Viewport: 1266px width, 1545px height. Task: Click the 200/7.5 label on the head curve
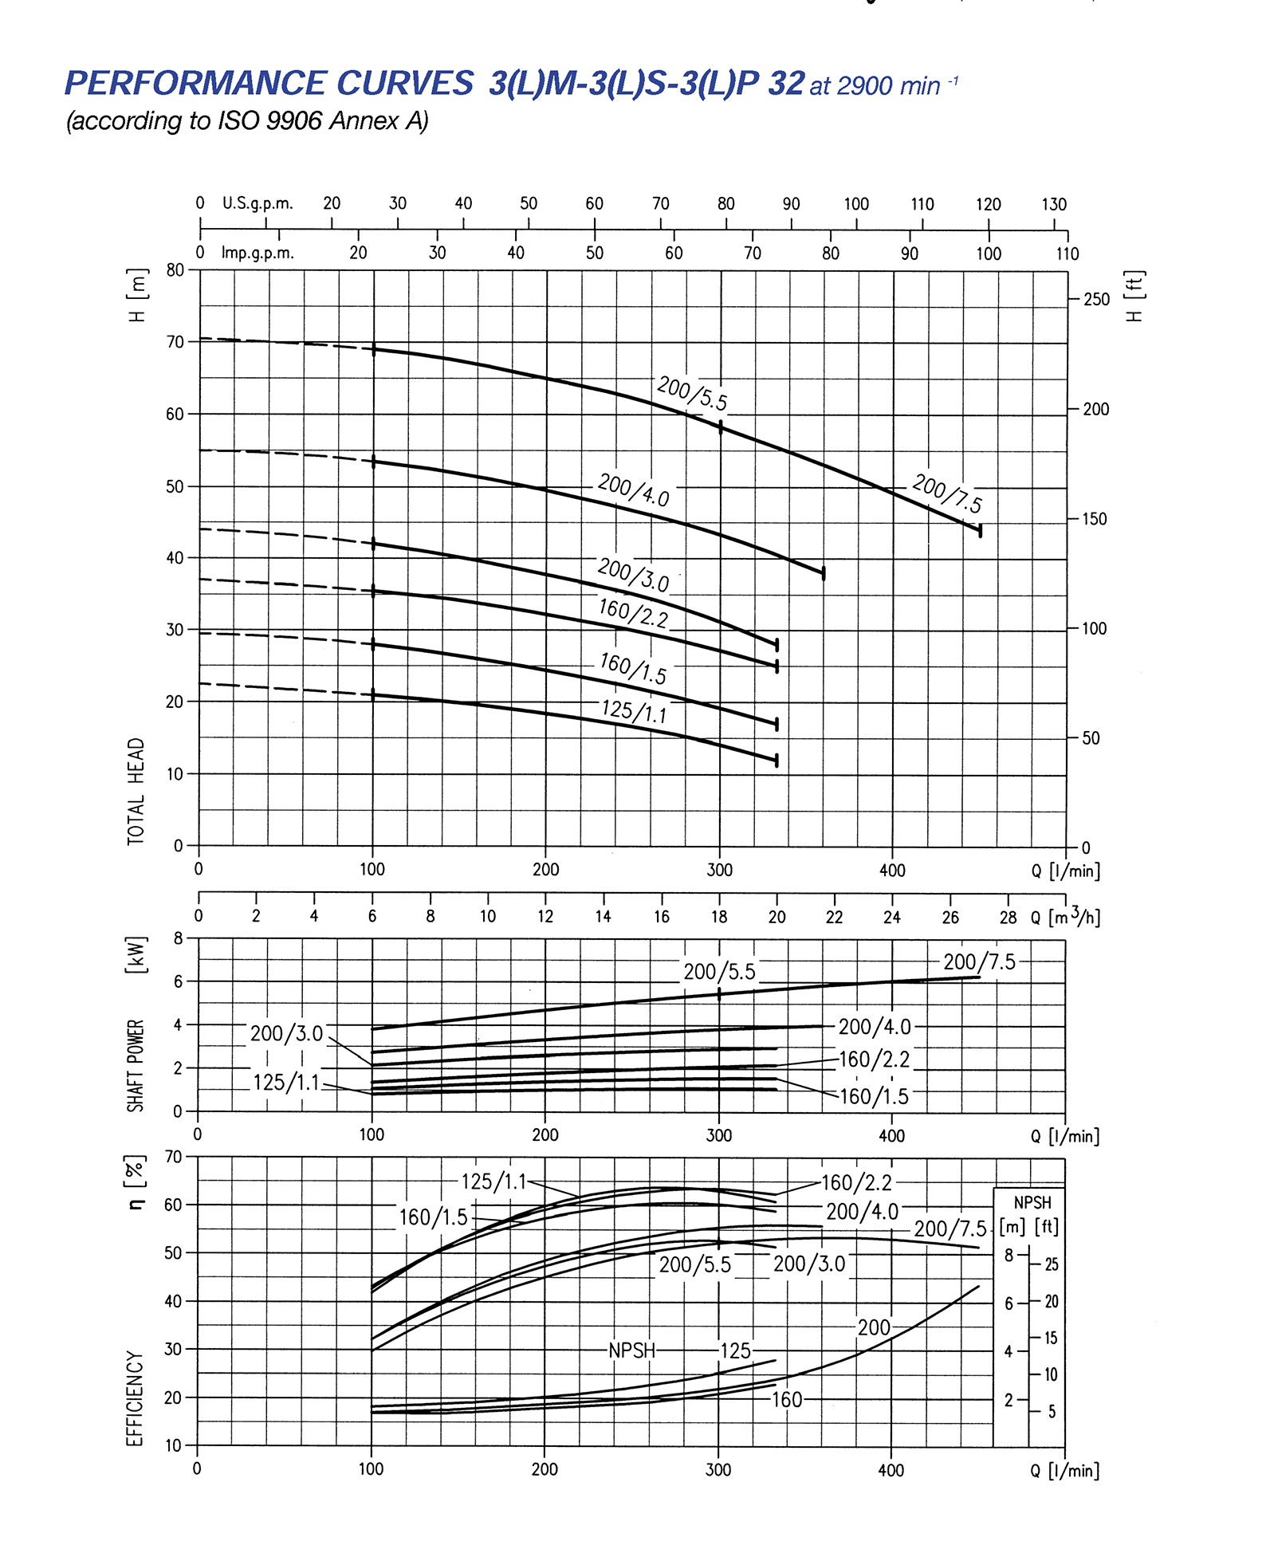947,493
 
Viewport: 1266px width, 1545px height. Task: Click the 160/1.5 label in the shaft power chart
874,1097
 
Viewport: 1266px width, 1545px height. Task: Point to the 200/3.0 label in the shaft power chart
286,1034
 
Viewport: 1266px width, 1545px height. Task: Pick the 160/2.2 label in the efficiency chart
856,1182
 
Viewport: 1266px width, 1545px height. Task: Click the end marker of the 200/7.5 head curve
980,530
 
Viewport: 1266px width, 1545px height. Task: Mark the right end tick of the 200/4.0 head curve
824,573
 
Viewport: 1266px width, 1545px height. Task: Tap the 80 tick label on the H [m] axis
175,270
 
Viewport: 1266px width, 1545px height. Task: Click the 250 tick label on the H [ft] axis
1096,300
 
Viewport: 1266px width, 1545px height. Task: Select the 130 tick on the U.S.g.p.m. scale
1054,204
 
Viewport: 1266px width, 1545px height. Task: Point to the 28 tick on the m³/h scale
1008,918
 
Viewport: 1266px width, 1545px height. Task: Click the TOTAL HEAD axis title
136,791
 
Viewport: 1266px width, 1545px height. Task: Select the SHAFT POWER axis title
136,1065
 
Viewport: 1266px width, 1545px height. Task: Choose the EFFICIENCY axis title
136,1398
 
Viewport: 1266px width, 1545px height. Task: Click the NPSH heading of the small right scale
1032,1202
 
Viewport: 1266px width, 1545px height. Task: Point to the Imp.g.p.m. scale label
258,254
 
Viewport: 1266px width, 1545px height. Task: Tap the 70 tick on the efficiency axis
174,1156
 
